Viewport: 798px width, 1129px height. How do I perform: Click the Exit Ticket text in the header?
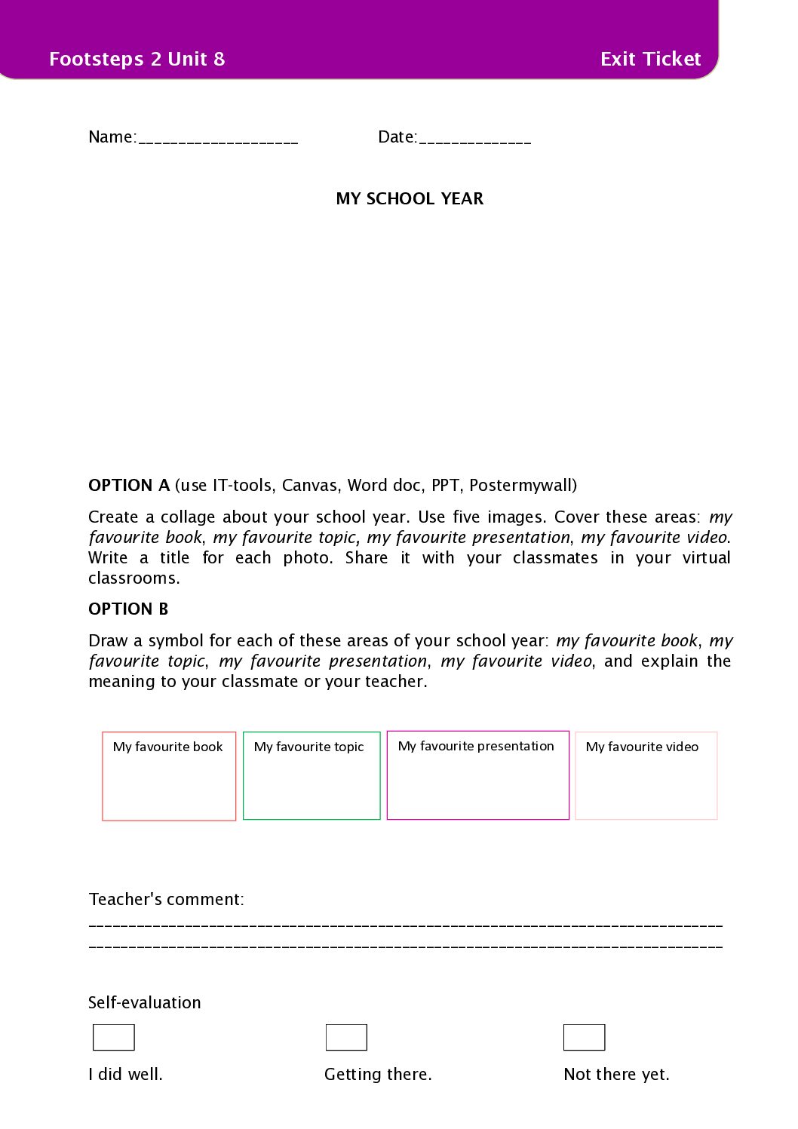click(650, 59)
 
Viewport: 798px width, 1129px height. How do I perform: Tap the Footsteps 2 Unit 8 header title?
click(137, 59)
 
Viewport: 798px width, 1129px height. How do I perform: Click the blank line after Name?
click(219, 139)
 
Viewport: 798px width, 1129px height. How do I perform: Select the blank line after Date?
click(475, 139)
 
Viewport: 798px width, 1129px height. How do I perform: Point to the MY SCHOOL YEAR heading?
click(410, 198)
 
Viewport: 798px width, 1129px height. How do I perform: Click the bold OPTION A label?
click(129, 485)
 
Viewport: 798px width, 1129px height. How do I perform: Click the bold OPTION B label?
click(128, 609)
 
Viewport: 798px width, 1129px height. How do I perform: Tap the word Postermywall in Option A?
click(520, 485)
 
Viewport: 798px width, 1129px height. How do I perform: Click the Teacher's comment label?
click(166, 899)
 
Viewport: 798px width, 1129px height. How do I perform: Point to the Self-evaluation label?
click(145, 1002)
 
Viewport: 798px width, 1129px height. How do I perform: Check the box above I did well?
click(114, 1037)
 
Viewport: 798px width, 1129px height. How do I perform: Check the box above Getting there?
click(346, 1037)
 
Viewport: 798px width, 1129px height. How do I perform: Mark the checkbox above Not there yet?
click(584, 1037)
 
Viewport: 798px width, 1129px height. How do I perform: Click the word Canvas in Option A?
click(309, 485)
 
